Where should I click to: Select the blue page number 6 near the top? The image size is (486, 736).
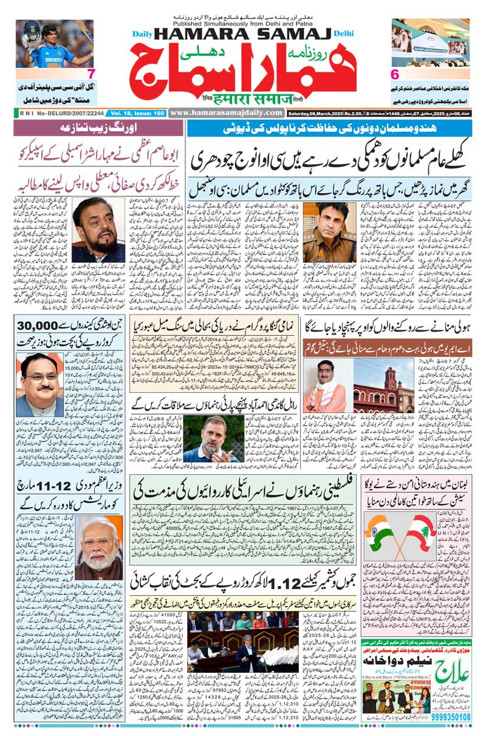click(394, 74)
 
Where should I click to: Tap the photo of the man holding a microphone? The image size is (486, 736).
click(213, 439)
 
